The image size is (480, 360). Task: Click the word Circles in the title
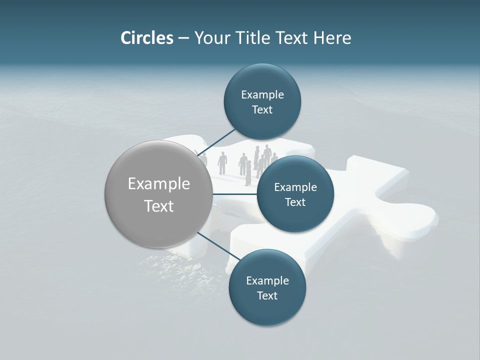pos(147,38)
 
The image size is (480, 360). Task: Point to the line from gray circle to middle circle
pos(235,194)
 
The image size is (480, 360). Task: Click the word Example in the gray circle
pos(159,184)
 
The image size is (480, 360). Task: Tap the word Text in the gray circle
pos(159,206)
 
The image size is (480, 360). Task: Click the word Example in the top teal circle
pos(262,95)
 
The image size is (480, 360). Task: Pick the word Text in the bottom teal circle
pos(267,296)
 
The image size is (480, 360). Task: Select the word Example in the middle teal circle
pos(295,187)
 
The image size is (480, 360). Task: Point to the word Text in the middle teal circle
pos(295,202)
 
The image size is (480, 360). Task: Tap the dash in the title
pos(183,38)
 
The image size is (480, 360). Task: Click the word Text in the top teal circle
pos(262,110)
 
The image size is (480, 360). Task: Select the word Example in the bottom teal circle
pos(267,281)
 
